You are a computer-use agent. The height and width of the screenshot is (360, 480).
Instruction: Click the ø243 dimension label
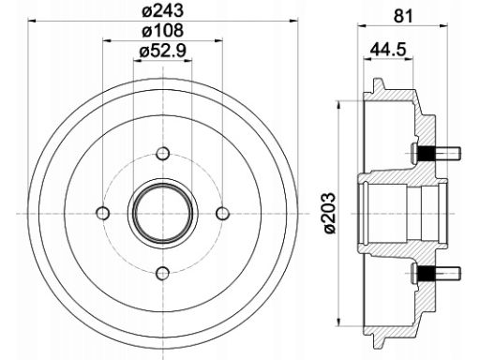tap(162, 11)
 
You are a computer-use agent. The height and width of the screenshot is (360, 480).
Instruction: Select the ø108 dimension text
tap(162, 31)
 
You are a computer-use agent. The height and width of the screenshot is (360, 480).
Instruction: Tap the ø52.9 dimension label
tap(162, 50)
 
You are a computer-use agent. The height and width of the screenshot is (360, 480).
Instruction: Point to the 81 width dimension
tap(403, 16)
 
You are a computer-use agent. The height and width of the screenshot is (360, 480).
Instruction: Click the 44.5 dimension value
tap(388, 50)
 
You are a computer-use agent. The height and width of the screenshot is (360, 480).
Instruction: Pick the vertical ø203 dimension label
tap(329, 213)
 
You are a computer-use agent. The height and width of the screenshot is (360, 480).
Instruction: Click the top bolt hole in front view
tap(162, 154)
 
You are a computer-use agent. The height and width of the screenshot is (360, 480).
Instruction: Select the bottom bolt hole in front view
tap(162, 274)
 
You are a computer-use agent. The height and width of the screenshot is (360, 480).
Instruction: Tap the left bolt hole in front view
tap(102, 214)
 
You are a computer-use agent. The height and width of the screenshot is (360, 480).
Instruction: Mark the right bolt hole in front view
tap(222, 214)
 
